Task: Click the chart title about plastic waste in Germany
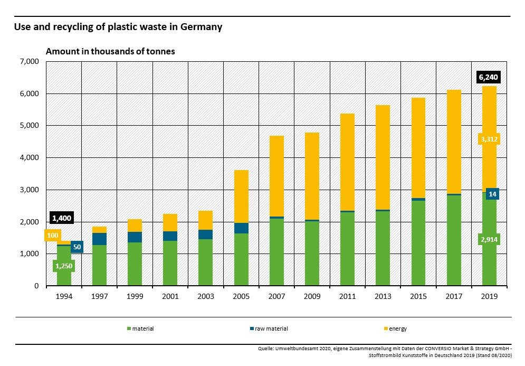[x=118, y=27]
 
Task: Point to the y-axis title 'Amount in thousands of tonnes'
[x=110, y=52]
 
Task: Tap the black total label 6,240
[x=488, y=77]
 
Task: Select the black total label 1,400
[x=61, y=218]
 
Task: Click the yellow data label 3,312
[x=489, y=139]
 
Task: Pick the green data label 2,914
[x=489, y=240]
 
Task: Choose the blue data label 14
[x=492, y=194]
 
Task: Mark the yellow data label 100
[x=53, y=236]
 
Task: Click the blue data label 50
[x=77, y=247]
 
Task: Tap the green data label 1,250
[x=64, y=266]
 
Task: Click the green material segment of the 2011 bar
[x=347, y=248]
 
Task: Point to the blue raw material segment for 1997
[x=99, y=239]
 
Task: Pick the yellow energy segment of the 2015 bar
[x=418, y=148]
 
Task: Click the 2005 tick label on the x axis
[x=241, y=297]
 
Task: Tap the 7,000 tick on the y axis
[x=30, y=62]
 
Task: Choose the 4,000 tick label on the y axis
[x=30, y=158]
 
